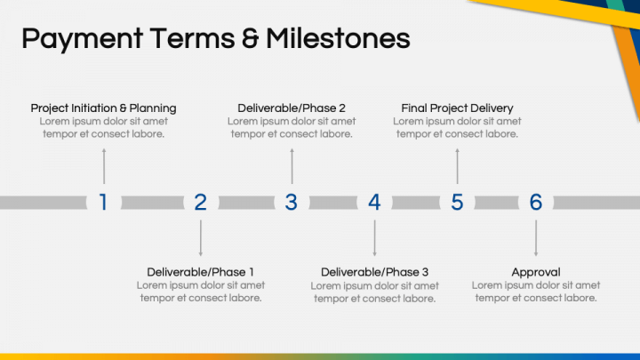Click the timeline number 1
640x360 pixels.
coord(103,203)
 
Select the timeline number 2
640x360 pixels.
coord(201,203)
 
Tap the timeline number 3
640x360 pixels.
coord(291,203)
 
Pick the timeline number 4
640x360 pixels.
coord(374,203)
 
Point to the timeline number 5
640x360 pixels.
coord(457,203)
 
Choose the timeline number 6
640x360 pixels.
coord(536,203)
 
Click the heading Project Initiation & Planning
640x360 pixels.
coord(103,108)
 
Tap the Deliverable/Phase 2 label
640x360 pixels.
coord(292,108)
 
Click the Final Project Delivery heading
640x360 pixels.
coord(457,108)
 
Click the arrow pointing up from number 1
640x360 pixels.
coord(104,165)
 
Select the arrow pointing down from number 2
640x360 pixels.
coord(201,237)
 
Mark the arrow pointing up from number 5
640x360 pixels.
coord(457,165)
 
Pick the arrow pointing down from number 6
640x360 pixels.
coord(536,237)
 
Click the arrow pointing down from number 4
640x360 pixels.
coord(374,237)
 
